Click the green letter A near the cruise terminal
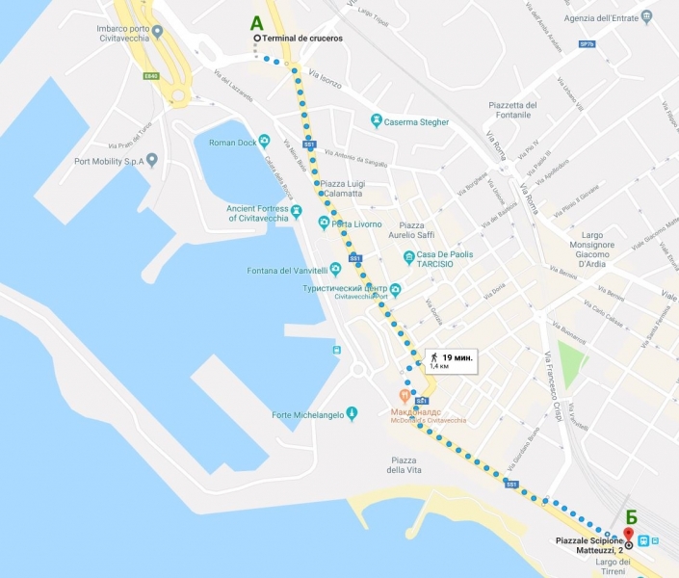click(257, 21)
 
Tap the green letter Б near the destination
click(631, 515)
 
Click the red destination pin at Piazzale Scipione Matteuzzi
click(628, 534)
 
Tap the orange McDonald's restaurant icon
click(405, 397)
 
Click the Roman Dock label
click(232, 143)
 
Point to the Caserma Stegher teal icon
click(377, 121)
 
